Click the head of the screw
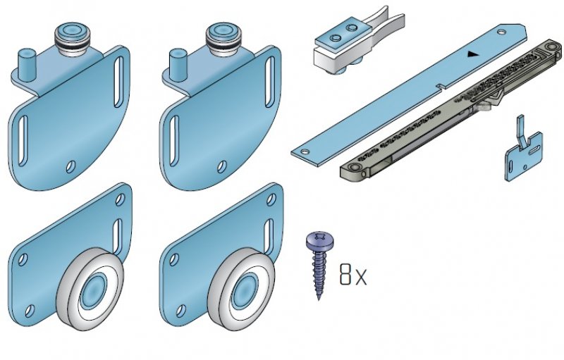pyautogui.click(x=320, y=240)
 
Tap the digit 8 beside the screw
pyautogui.click(x=345, y=275)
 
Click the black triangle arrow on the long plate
pyautogui.click(x=473, y=54)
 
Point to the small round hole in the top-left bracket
pyautogui.click(x=71, y=166)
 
